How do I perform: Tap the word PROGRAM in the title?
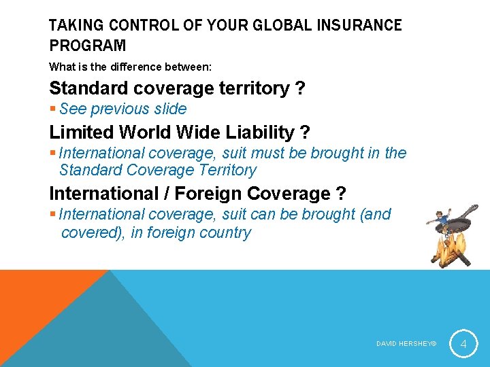click(87, 46)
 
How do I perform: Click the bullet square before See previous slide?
click(53, 109)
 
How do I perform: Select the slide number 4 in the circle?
click(463, 344)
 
